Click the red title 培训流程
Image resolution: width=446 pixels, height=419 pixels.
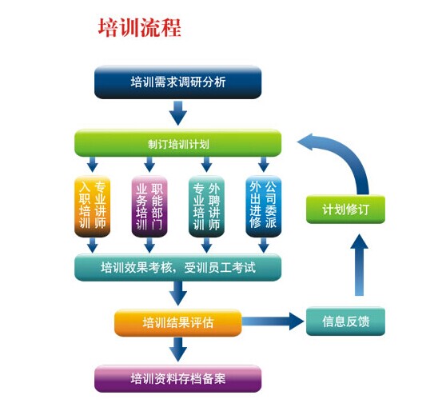(140, 28)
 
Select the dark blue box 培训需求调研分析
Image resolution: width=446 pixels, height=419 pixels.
(177, 82)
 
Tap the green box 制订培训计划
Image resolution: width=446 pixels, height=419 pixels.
(177, 143)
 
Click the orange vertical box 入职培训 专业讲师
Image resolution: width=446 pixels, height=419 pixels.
(93, 206)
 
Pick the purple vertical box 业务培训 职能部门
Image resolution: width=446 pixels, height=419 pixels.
(149, 206)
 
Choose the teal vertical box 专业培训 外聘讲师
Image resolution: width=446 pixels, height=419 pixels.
(206, 206)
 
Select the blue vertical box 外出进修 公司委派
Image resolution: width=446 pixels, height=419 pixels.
(264, 206)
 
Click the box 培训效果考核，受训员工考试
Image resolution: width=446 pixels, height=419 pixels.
(177, 268)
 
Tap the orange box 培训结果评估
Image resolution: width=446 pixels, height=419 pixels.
(177, 322)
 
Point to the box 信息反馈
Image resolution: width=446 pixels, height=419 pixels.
(345, 321)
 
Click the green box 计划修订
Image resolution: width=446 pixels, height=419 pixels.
(345, 209)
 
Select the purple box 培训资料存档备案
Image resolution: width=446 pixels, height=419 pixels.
(177, 378)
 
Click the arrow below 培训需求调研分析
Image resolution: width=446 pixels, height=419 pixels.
(178, 113)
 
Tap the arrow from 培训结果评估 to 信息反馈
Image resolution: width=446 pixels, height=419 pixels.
(273, 321)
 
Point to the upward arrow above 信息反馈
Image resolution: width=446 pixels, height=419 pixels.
(359, 265)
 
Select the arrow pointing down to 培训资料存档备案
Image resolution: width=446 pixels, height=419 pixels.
(178, 349)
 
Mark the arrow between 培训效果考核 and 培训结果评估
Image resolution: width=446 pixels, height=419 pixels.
(178, 293)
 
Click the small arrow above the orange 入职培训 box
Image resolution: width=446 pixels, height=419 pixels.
(93, 164)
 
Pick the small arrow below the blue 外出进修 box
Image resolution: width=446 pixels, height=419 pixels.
(264, 245)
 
